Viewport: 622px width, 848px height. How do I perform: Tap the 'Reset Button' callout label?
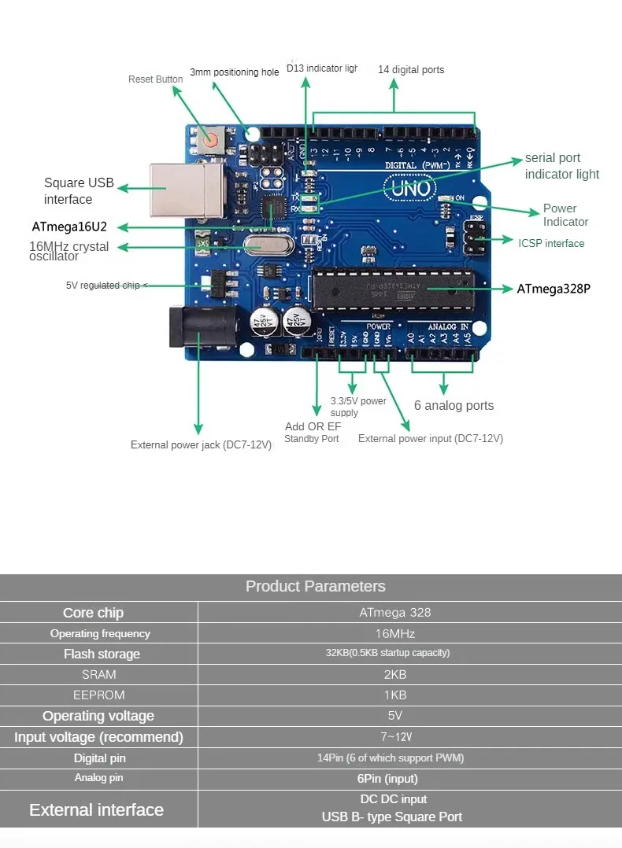point(155,79)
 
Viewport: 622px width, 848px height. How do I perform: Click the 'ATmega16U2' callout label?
point(69,227)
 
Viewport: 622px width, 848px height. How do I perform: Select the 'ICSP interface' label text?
point(551,243)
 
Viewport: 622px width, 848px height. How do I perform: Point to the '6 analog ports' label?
point(454,406)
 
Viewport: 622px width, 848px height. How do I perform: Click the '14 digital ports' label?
point(411,70)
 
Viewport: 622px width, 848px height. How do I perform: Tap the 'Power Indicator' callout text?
point(565,215)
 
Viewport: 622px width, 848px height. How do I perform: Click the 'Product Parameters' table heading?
point(315,586)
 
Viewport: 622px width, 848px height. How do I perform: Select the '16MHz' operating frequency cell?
point(394,633)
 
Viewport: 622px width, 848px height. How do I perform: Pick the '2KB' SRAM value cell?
point(394,674)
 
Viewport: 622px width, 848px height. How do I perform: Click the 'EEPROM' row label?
point(98,695)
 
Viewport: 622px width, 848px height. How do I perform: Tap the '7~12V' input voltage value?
point(394,736)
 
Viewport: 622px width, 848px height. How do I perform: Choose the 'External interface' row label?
point(96,809)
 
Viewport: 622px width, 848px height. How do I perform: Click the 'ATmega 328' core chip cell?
point(394,612)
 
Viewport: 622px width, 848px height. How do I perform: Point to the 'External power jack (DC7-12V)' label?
point(201,445)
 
